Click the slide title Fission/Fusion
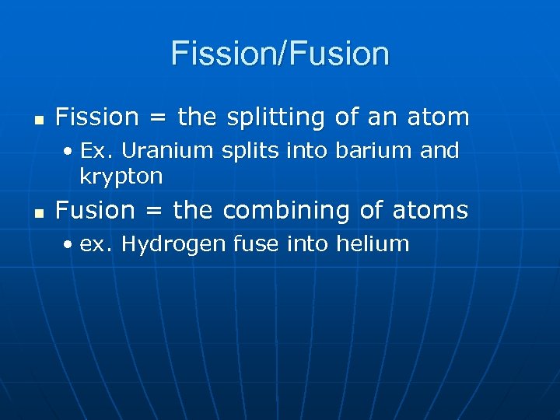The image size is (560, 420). click(280, 54)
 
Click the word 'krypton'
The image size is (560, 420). click(121, 177)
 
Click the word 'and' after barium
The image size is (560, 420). click(439, 150)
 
